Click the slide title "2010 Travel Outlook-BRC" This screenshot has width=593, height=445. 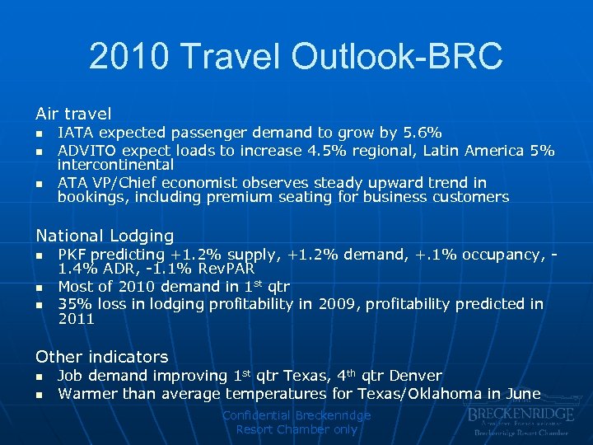(x=296, y=57)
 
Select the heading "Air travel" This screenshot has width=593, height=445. (x=73, y=114)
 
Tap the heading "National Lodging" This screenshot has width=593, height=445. (x=105, y=236)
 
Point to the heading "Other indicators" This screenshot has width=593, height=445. (x=101, y=357)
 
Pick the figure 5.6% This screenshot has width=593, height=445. (x=424, y=133)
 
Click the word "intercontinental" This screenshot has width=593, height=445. (x=115, y=165)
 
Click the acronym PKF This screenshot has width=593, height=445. (x=72, y=255)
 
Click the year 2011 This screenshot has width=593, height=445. (x=76, y=319)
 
